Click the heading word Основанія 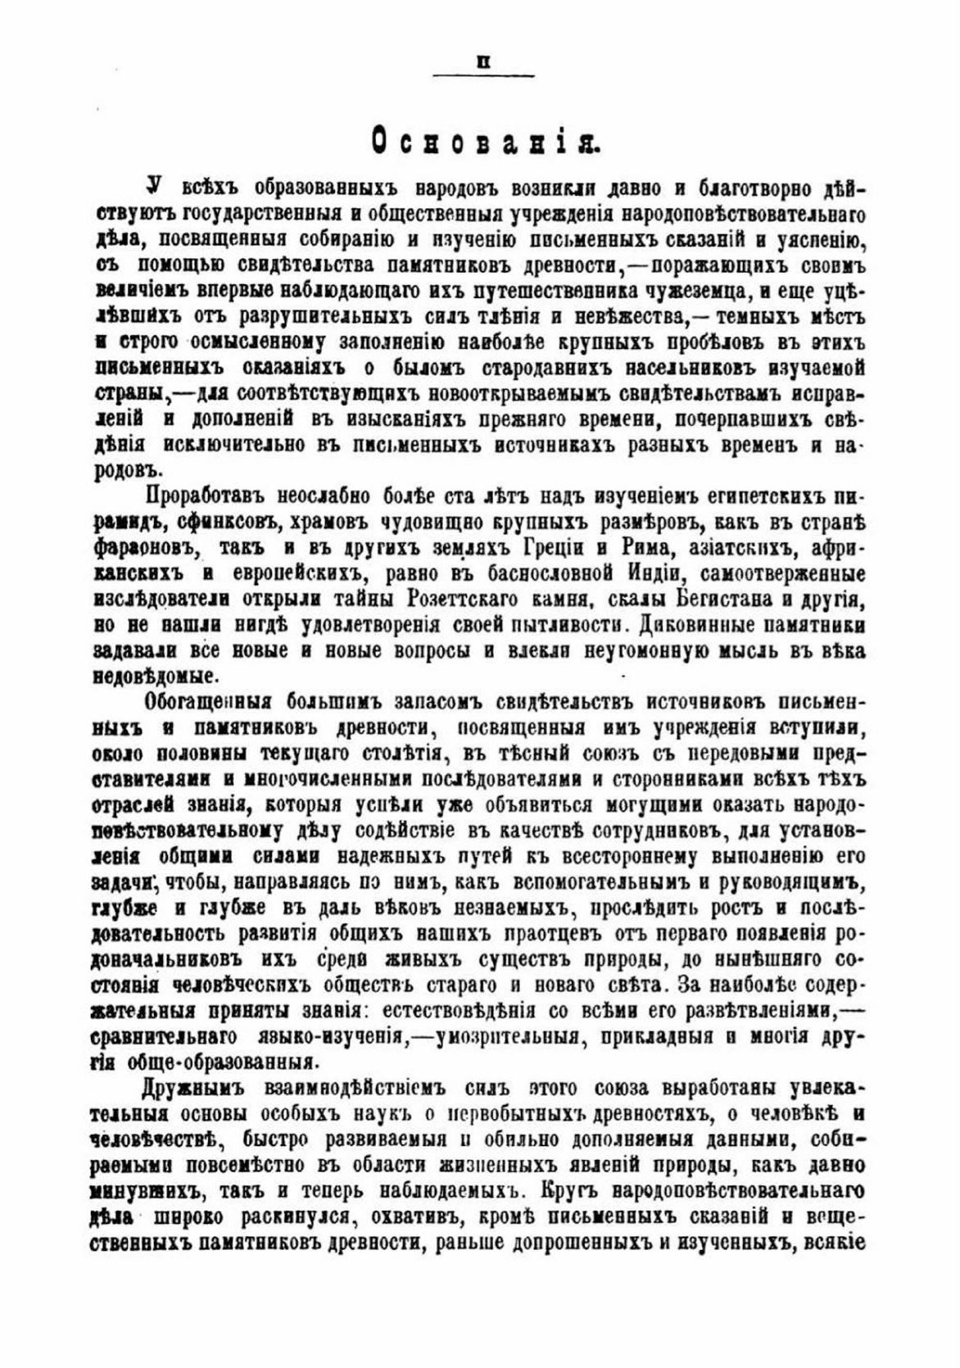[486, 141]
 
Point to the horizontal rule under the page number [483, 76]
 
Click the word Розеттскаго [496, 600]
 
